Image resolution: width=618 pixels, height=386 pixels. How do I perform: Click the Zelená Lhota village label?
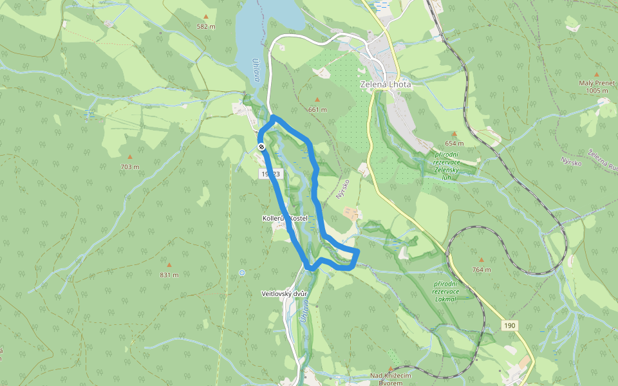pyautogui.click(x=385, y=84)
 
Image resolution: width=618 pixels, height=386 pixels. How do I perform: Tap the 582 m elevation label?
pyautogui.click(x=206, y=26)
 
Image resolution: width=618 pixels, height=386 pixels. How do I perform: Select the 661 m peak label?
pyautogui.click(x=317, y=109)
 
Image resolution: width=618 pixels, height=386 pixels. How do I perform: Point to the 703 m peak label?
pyautogui.click(x=129, y=167)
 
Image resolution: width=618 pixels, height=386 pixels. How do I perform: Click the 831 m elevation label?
pyautogui.click(x=169, y=275)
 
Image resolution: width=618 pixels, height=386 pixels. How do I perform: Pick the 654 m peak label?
pyautogui.click(x=454, y=143)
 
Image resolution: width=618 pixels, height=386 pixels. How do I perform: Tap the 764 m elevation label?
pyautogui.click(x=481, y=270)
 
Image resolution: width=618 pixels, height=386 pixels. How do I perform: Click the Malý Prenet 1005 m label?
pyautogui.click(x=597, y=87)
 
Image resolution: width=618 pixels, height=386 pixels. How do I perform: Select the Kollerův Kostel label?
pyautogui.click(x=285, y=219)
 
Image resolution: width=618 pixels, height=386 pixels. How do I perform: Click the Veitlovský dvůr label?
pyautogui.click(x=285, y=294)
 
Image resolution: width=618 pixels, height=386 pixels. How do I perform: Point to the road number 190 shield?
pyautogui.click(x=510, y=326)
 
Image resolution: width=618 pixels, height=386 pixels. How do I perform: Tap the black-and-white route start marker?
pyautogui.click(x=261, y=147)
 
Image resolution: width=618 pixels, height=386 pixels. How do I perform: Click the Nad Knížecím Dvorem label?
pyautogui.click(x=395, y=379)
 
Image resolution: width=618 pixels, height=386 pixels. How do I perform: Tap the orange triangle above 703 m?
pyautogui.click(x=129, y=157)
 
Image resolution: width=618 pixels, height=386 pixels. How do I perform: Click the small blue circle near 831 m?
pyautogui.click(x=242, y=273)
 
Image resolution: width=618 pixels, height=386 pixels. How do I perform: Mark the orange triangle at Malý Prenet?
pyautogui.click(x=596, y=75)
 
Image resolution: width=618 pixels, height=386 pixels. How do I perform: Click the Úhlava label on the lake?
pyautogui.click(x=256, y=69)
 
